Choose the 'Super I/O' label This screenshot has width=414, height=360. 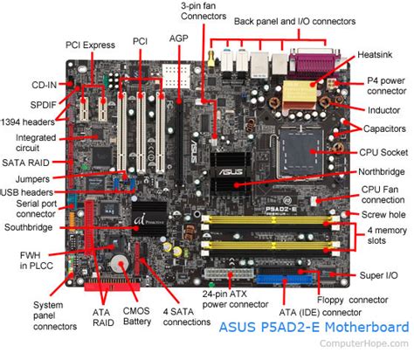(379, 276)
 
